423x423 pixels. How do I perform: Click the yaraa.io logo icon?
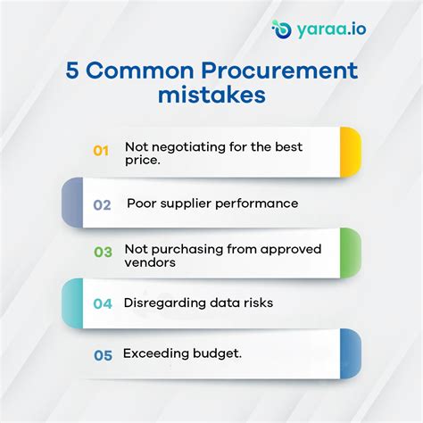282,29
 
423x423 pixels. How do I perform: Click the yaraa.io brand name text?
330,29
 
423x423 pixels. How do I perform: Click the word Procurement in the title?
281,70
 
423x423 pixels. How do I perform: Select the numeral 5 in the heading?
73,70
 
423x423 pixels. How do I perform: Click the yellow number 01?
101,151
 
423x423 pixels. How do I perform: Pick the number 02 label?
102,204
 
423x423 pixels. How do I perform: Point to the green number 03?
102,253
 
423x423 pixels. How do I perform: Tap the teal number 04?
103,303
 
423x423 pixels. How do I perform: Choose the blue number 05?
103,354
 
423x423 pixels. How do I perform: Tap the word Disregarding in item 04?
165,303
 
